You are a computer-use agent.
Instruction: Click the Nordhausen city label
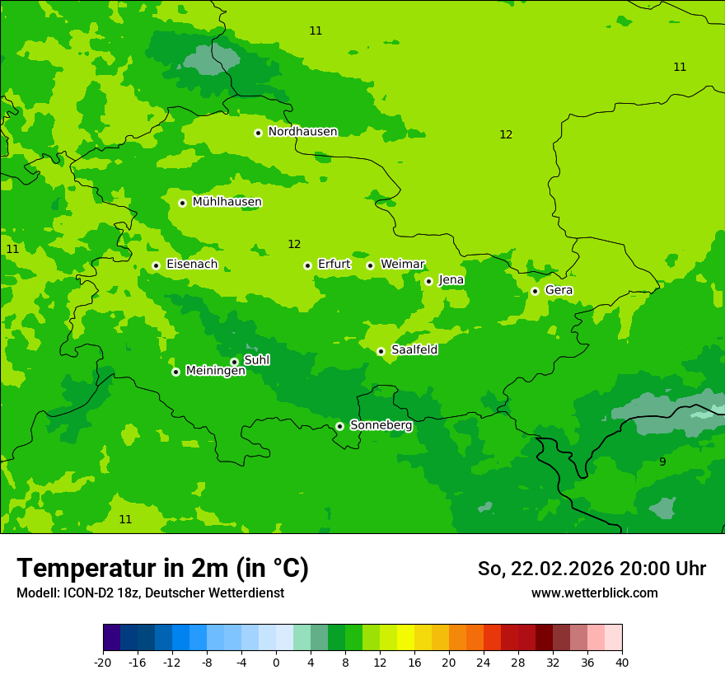point(302,132)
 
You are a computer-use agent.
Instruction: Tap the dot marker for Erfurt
point(307,265)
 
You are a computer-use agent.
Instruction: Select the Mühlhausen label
point(227,202)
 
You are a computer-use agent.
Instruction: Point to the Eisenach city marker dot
point(156,265)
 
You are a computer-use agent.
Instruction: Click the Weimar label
point(402,265)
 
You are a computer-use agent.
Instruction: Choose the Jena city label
point(451,280)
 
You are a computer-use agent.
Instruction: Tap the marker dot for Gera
point(535,291)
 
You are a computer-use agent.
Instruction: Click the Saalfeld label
point(414,350)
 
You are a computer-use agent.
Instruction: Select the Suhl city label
point(257,360)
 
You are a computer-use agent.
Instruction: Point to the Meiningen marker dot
point(175,372)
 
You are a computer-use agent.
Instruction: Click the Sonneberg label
point(381,425)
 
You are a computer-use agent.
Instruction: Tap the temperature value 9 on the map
point(662,461)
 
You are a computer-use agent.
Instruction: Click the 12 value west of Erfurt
point(294,244)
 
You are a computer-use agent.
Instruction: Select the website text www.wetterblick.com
point(594,593)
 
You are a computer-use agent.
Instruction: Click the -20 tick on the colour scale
point(103,663)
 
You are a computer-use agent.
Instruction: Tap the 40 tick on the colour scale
point(622,663)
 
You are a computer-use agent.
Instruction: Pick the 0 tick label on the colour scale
point(276,663)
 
